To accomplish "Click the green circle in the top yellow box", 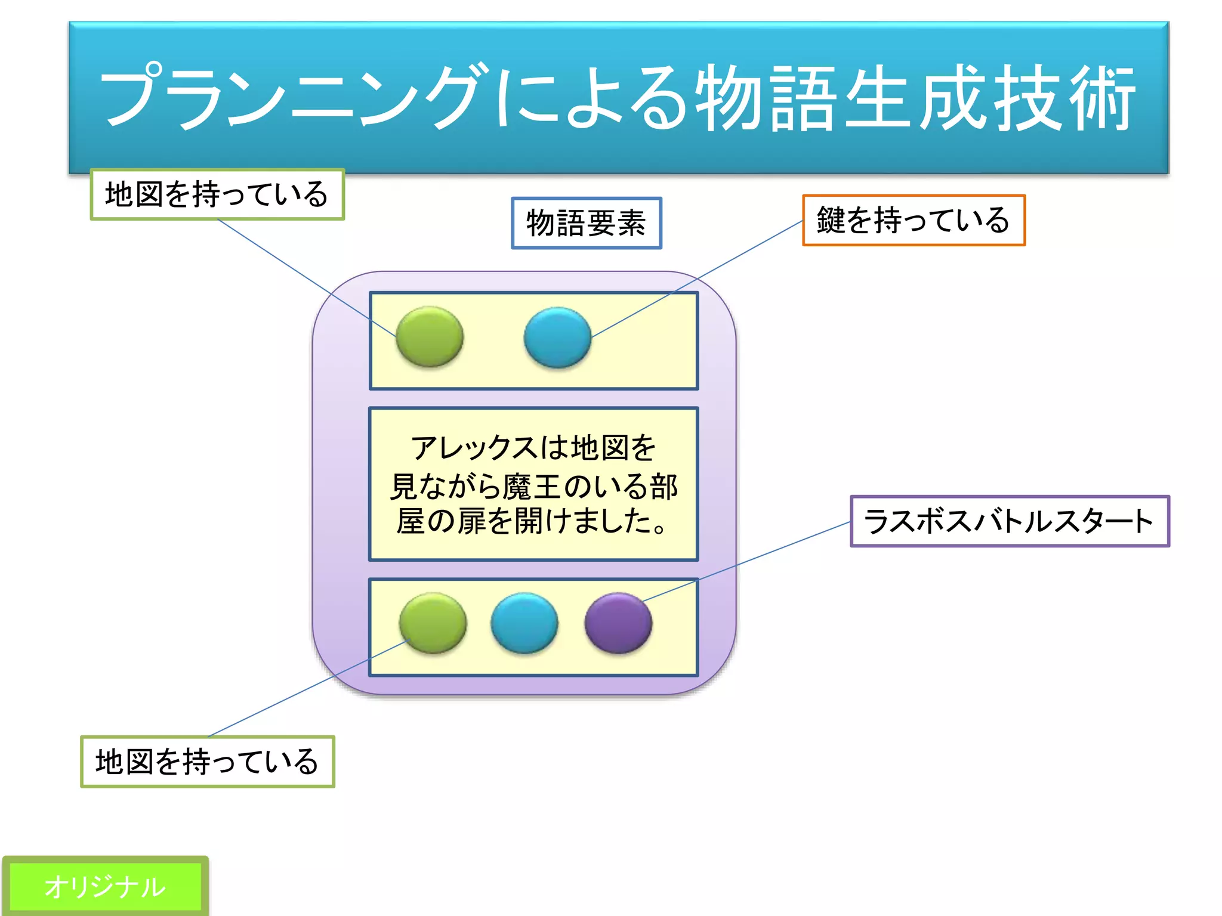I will (x=429, y=336).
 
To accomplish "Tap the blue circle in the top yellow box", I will (x=557, y=337).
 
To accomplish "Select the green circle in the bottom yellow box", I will (x=433, y=623).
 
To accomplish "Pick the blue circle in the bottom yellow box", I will (x=524, y=623).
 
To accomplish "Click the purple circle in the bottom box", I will (x=618, y=623).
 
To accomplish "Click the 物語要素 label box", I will (x=587, y=223).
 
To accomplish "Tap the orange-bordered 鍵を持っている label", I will (x=913, y=220).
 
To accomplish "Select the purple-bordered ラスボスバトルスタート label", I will (x=1009, y=521).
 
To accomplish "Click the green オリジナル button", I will (x=105, y=886).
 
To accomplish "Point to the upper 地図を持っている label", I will (x=217, y=194).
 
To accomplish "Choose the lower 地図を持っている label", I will (x=208, y=762).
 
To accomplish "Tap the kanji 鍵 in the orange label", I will (x=831, y=220).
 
